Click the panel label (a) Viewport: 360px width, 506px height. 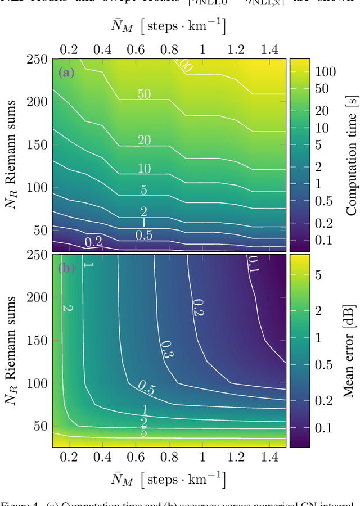point(66,72)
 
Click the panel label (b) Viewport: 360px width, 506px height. point(66,268)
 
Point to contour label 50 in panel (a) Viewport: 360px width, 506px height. point(144,94)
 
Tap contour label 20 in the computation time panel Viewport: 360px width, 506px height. point(144,140)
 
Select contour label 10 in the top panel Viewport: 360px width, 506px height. point(144,168)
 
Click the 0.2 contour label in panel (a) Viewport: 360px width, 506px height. point(93,242)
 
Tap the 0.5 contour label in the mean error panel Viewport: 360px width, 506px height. point(147,386)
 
